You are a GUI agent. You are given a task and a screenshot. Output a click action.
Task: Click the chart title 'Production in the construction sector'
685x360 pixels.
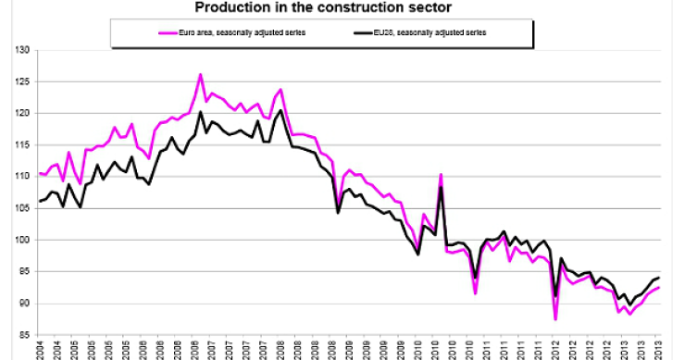[x=342, y=8]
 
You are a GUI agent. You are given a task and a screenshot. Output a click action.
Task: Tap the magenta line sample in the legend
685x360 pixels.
[x=138, y=31]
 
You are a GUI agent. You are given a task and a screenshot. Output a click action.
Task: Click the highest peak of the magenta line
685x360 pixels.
[x=201, y=74]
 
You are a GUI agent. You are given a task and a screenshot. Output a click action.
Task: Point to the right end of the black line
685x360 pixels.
[x=658, y=277]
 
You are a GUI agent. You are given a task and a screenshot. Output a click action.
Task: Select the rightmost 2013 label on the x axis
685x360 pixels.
[x=657, y=350]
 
